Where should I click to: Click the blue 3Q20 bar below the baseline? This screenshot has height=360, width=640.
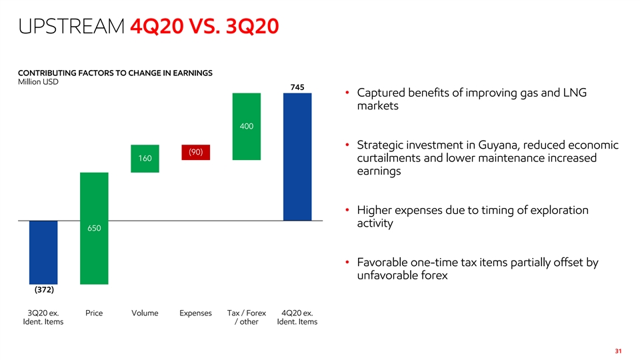click(x=43, y=252)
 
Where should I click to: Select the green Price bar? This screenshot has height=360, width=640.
click(x=94, y=200)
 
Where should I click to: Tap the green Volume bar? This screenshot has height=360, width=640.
click(x=145, y=158)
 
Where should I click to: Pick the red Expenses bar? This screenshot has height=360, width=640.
click(x=195, y=152)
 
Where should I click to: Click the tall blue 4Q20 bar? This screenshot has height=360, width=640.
click(x=297, y=156)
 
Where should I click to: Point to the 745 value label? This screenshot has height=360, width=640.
click(x=297, y=87)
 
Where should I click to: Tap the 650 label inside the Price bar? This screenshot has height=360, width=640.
click(x=94, y=228)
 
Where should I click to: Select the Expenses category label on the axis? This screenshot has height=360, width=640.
click(x=195, y=313)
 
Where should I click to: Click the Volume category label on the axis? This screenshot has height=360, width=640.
click(x=145, y=313)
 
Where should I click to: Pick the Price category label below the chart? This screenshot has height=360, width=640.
click(x=94, y=313)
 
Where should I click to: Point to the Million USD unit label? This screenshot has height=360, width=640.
click(x=37, y=81)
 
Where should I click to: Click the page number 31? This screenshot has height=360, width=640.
click(x=619, y=351)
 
